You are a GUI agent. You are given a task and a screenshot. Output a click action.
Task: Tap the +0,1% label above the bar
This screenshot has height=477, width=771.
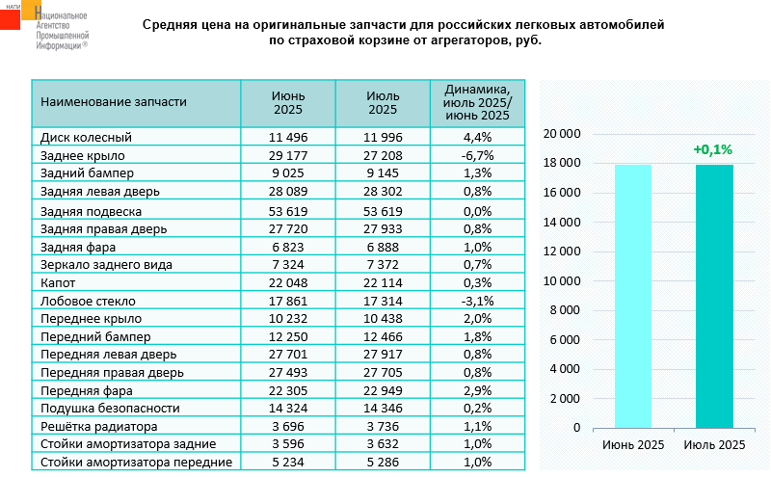click(713, 149)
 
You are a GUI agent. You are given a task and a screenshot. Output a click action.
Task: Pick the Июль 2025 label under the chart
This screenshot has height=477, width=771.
click(714, 445)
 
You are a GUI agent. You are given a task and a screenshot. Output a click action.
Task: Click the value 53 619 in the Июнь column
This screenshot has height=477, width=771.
click(287, 210)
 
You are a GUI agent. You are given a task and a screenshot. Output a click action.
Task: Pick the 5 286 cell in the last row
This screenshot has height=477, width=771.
click(383, 463)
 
